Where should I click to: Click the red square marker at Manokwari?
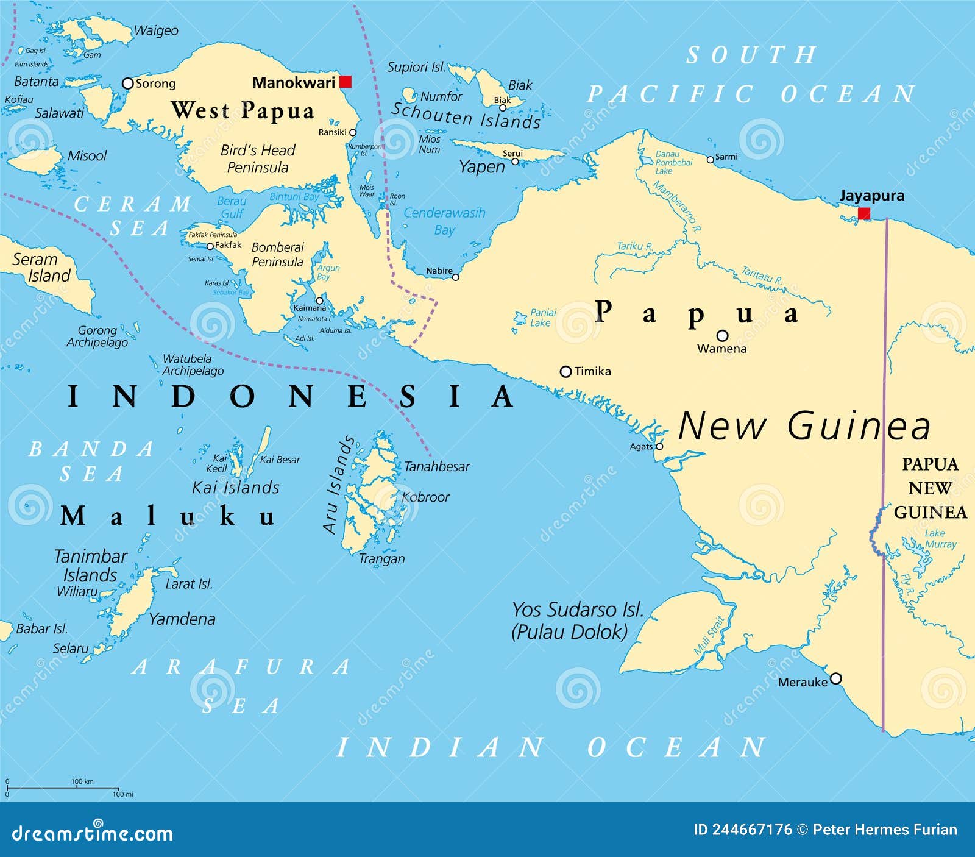[x=346, y=82]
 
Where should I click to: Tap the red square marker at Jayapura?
[x=863, y=213]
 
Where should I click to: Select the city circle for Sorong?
[x=127, y=83]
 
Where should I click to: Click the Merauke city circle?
[x=836, y=678]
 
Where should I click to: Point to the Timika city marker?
[x=565, y=371]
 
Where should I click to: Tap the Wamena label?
[x=721, y=349]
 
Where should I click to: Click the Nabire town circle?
[x=455, y=277]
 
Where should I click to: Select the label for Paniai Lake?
[x=542, y=318]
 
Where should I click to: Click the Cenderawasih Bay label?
[x=444, y=221]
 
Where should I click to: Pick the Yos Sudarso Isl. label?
[x=577, y=610]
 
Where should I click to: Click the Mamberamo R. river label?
[x=676, y=207]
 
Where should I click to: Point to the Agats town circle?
[x=659, y=447]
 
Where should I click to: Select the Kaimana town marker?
[x=319, y=300]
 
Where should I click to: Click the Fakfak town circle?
[x=210, y=246]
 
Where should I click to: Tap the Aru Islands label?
[x=338, y=485]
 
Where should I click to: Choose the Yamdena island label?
[x=182, y=619]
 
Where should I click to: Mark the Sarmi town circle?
[x=710, y=160]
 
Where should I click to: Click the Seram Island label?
[x=41, y=267]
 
